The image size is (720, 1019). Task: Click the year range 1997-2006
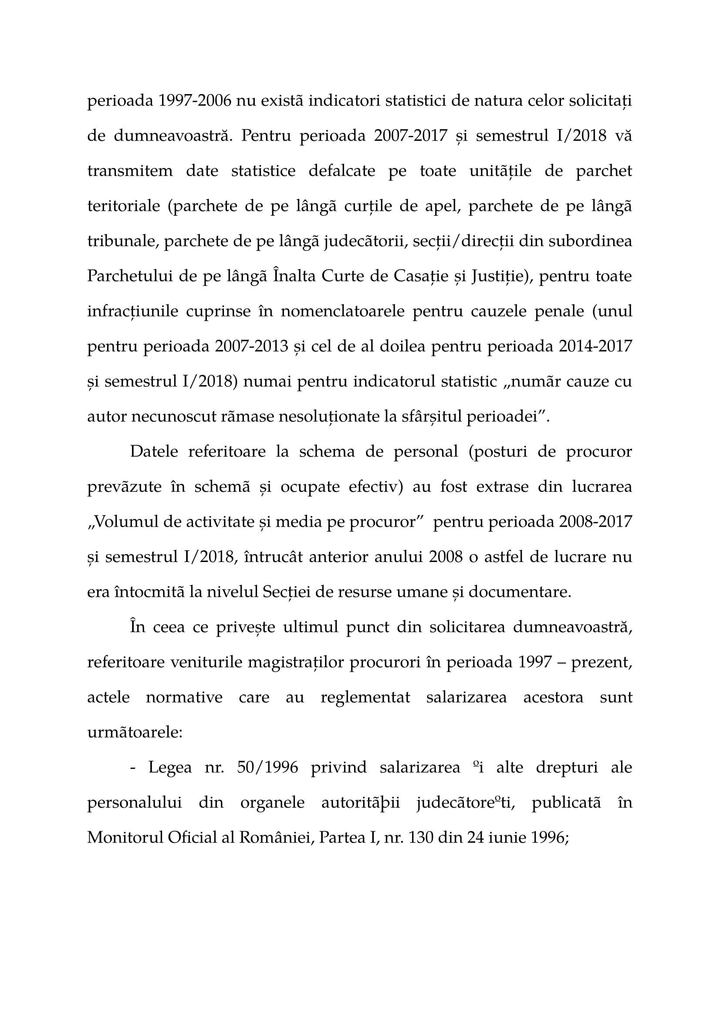[x=195, y=101]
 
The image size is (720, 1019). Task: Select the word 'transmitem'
[x=130, y=171]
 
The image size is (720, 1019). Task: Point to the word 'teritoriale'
[x=123, y=207]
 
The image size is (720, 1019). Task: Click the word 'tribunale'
[x=121, y=241]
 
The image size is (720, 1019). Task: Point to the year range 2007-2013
[x=251, y=347]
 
